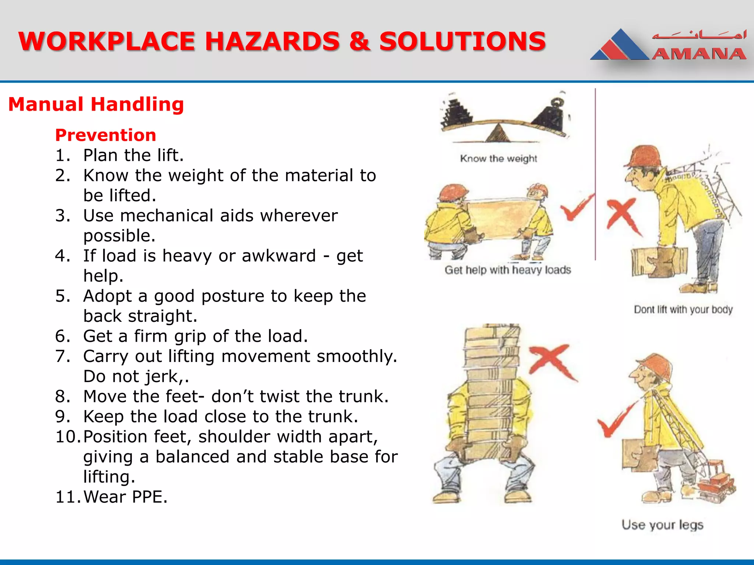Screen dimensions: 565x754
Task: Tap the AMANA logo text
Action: point(699,54)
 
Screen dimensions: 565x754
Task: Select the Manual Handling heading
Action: point(96,104)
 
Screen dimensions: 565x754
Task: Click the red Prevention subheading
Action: point(106,135)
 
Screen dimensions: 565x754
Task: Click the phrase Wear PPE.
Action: point(125,497)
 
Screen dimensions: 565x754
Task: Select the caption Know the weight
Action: point(498,159)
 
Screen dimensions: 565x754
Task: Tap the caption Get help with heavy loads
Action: point(508,270)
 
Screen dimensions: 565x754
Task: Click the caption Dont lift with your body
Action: point(683,310)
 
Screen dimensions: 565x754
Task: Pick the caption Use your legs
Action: point(662,525)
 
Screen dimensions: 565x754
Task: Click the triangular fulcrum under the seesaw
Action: point(498,133)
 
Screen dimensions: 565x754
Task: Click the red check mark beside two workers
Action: point(577,208)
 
